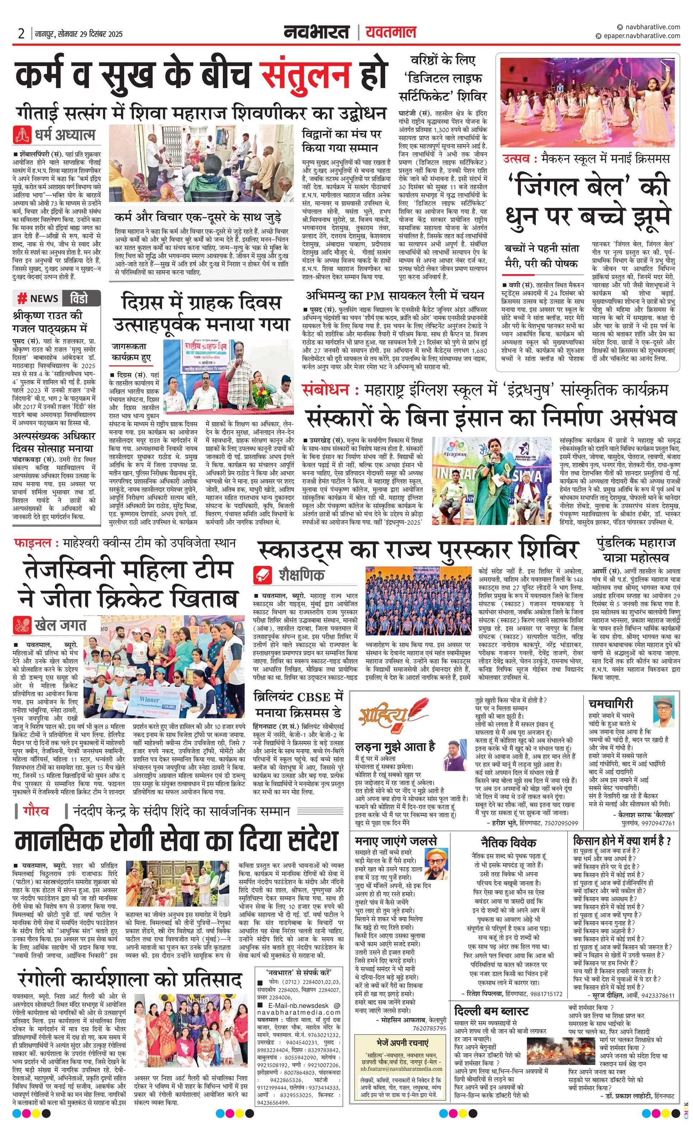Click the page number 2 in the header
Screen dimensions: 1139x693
pyautogui.click(x=21, y=33)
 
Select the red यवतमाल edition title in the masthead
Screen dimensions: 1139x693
pyautogui.click(x=391, y=32)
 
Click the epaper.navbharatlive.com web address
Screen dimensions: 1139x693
pyautogui.click(x=641, y=36)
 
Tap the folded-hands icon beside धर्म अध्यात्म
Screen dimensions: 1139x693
pyautogui.click(x=23, y=135)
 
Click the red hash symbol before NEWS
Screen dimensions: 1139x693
pyautogui.click(x=22, y=298)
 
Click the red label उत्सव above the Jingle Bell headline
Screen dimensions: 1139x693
pyautogui.click(x=517, y=159)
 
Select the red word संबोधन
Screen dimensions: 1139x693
pyautogui.click(x=325, y=390)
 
